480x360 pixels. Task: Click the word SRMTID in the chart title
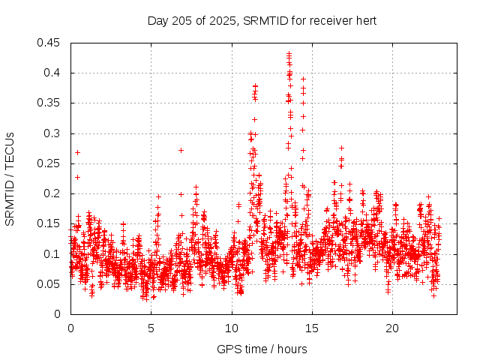[x=268, y=20]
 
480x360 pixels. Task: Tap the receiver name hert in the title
[x=364, y=20]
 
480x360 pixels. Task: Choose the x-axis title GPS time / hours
[x=262, y=349]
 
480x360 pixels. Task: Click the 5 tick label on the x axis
[x=151, y=328]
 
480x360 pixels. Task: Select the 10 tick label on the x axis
[x=232, y=328]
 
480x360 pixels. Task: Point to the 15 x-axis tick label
[x=312, y=328]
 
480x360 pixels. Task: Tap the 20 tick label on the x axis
[x=392, y=328]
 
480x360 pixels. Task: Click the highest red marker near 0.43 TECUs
[x=289, y=53]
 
